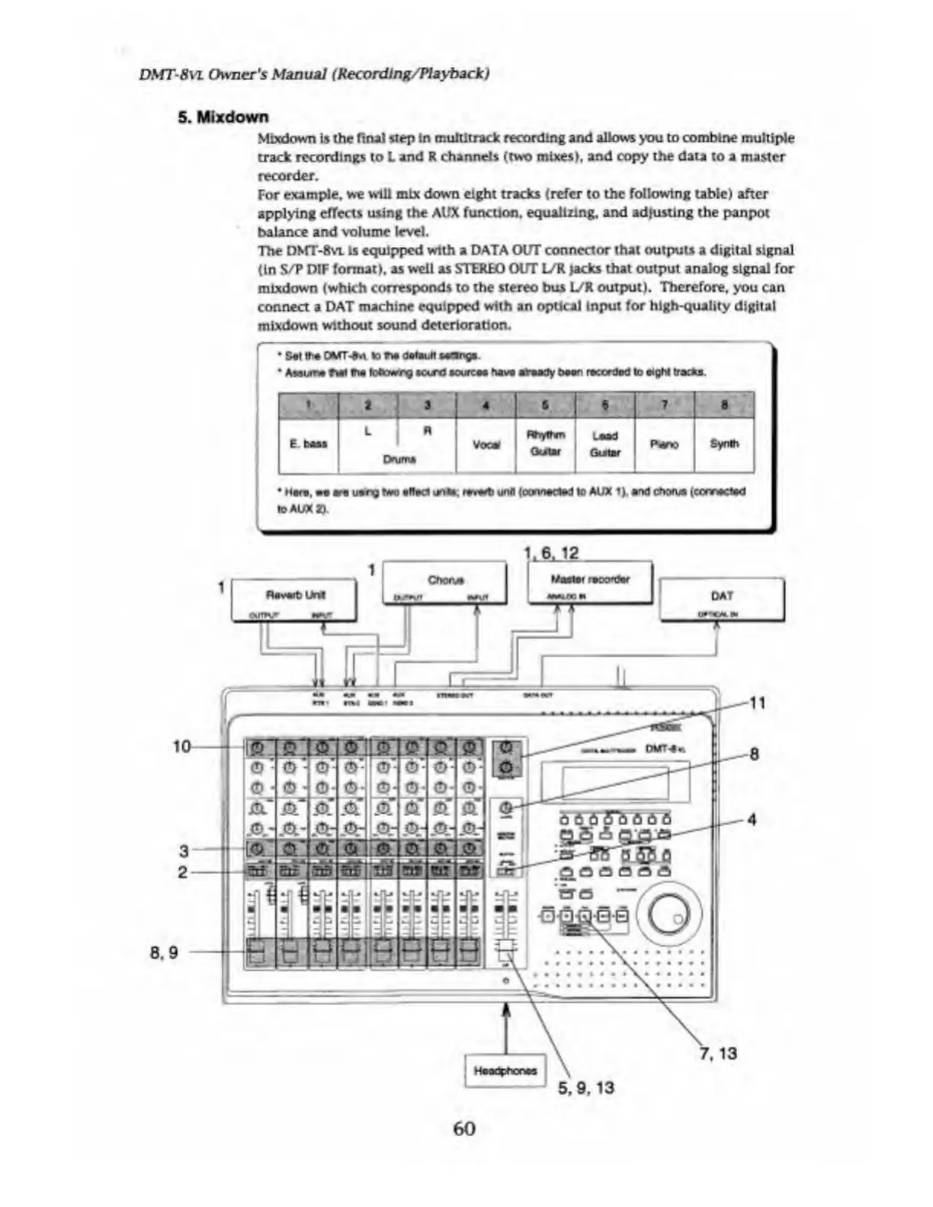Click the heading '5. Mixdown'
pos(223,117)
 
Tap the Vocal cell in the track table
pos(486,444)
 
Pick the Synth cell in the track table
pos(723,443)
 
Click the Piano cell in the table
pos(664,443)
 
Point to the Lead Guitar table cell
pos(604,444)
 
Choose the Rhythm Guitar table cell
pos(545,443)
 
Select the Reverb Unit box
pos(294,599)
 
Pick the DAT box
pos(721,599)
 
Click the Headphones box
pos(505,1071)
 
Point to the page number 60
pos(463,1129)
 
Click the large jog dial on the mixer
pos(668,914)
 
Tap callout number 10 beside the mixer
pos(181,747)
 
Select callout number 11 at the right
pos(757,703)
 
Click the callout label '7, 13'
pos(718,1054)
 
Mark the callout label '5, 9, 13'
pos(585,1088)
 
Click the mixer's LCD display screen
pos(615,782)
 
